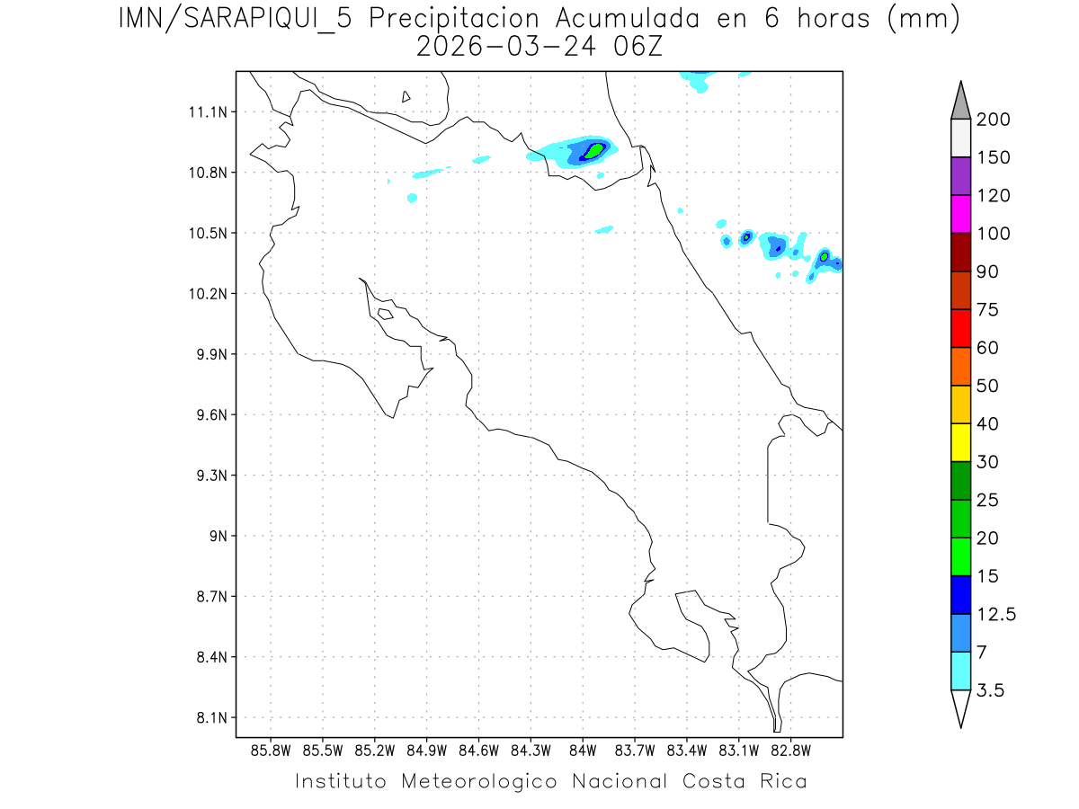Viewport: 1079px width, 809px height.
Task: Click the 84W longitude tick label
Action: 583,750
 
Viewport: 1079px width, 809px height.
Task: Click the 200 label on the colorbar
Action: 994,120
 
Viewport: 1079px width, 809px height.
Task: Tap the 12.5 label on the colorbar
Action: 996,614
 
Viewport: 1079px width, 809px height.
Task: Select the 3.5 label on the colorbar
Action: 990,690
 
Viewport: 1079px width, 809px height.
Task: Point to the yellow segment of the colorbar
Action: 960,442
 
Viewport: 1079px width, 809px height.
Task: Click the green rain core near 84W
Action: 593,149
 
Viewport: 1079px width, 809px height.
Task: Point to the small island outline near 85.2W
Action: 385,314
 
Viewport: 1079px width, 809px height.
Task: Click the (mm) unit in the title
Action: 923,18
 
